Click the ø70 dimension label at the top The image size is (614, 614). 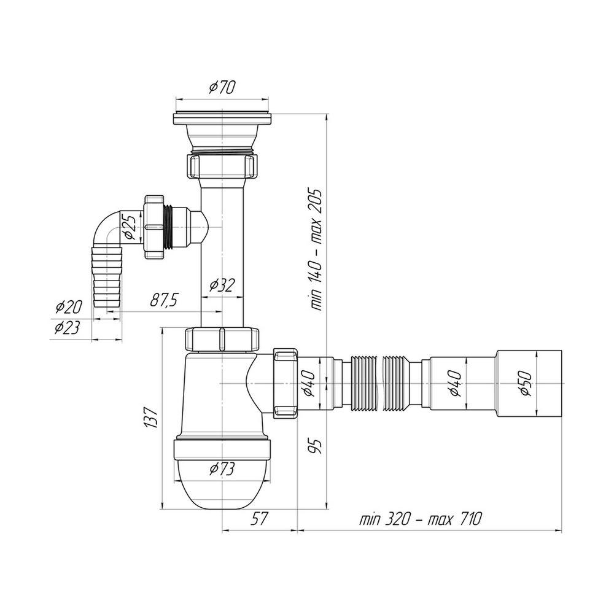click(222, 87)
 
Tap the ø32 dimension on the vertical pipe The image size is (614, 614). click(222, 285)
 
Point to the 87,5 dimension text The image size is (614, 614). click(164, 300)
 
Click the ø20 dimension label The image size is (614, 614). click(69, 307)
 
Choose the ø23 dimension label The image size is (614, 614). click(67, 327)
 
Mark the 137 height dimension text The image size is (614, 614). click(152, 417)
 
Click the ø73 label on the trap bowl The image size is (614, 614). click(222, 468)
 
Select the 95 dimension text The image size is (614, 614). click(316, 446)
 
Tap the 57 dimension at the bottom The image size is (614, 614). click(259, 519)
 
